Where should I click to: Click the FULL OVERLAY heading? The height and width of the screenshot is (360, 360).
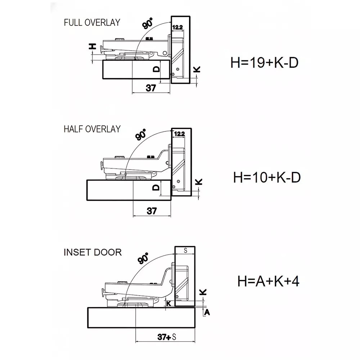[91, 22]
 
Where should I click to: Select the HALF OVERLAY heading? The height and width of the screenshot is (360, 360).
[92, 129]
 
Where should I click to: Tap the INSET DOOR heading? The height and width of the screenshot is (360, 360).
[93, 252]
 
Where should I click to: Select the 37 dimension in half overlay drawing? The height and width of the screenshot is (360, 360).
[152, 211]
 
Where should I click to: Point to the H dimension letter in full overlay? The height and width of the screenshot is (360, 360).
[93, 46]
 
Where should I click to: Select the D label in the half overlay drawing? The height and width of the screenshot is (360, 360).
[156, 188]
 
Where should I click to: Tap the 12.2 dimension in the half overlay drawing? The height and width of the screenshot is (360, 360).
[179, 134]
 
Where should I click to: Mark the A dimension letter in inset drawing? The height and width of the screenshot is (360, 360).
[207, 312]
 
